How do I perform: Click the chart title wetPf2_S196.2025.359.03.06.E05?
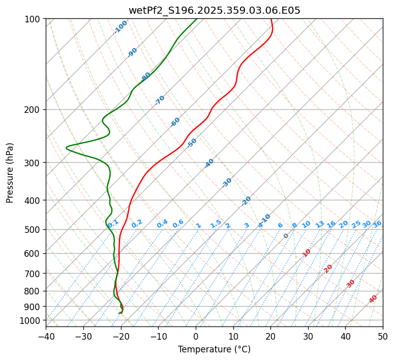pos(215,10)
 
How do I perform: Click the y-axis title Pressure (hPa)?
pos(10,172)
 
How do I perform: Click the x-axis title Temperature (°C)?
pos(214,349)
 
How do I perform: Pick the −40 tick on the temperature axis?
pos(46,336)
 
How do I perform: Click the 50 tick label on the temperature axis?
pos(383,336)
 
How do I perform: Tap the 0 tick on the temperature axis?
pos(196,336)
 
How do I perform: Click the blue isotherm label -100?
pos(120,27)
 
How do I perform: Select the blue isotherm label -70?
pos(160,100)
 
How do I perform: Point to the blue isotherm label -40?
pos(209,163)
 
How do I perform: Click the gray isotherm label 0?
pos(286,236)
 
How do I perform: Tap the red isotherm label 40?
pos(373,298)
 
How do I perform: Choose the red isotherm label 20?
pos(328,268)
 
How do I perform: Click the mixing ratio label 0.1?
pos(113,223)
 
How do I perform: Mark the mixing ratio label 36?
pos(377,224)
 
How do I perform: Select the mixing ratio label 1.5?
pos(216,223)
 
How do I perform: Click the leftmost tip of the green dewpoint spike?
pos(67,147)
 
